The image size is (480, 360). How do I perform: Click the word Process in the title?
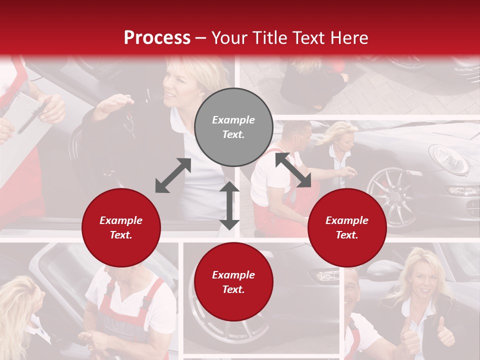pyautogui.click(x=157, y=38)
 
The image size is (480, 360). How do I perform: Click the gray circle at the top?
pyautogui.click(x=233, y=127)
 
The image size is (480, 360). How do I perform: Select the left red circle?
pyautogui.click(x=121, y=227)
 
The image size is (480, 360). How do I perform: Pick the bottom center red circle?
pyautogui.click(x=233, y=282)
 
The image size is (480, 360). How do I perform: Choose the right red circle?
pyautogui.click(x=347, y=227)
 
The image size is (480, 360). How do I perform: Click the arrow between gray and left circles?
pyautogui.click(x=173, y=175)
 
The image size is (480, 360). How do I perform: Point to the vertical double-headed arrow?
pyautogui.click(x=229, y=205)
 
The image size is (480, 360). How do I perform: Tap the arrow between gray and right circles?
pyautogui.click(x=293, y=170)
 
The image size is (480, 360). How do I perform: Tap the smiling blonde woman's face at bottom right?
pyautogui.click(x=423, y=277)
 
